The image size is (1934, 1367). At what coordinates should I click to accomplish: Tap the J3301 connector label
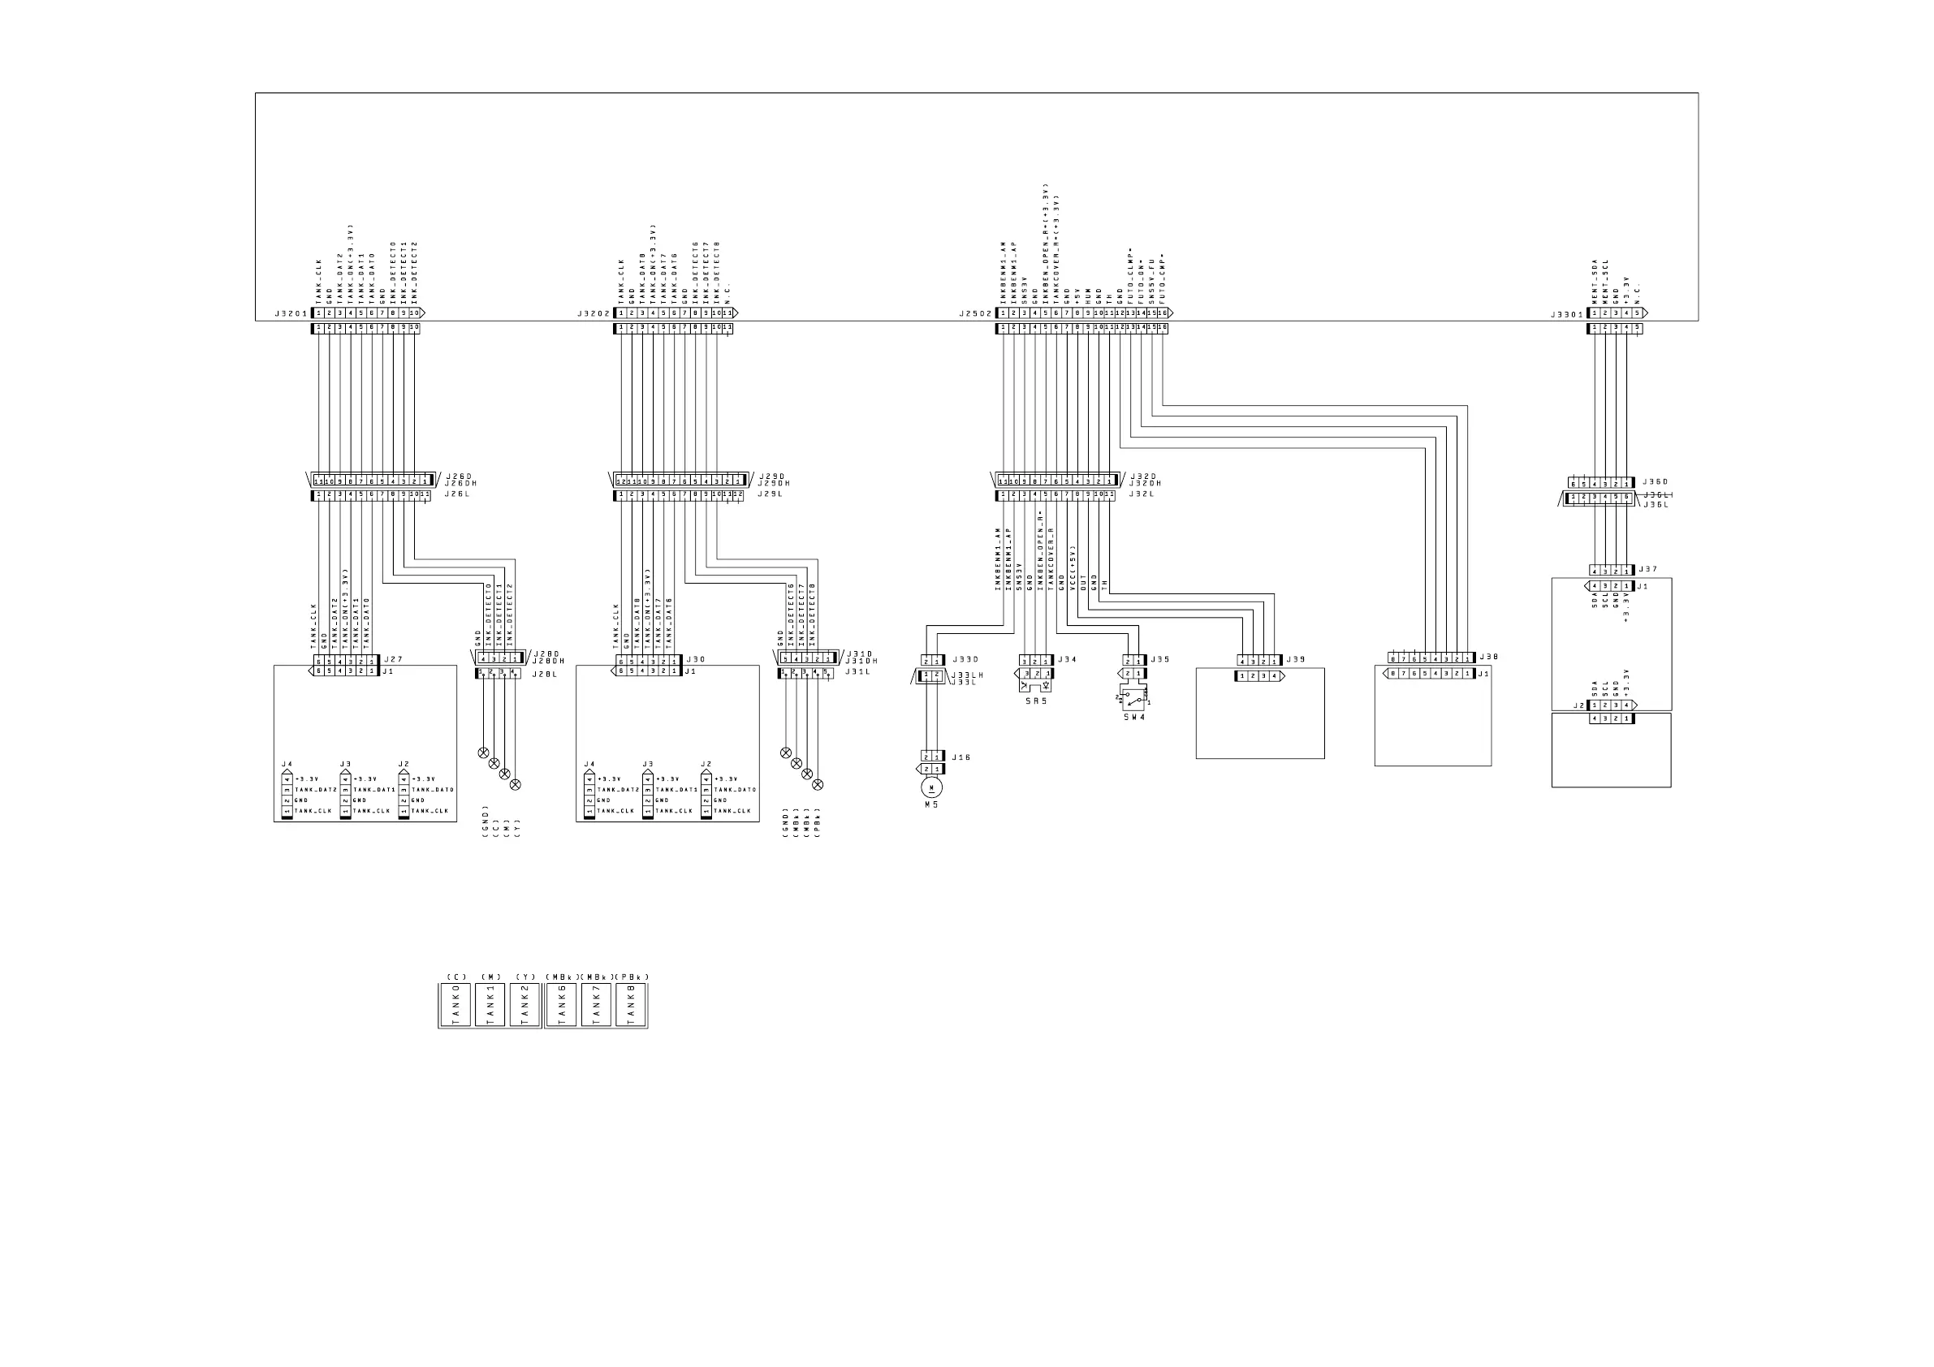1568,314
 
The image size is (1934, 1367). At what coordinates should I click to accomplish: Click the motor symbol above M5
931,787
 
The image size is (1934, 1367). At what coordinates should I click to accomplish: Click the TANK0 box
455,1005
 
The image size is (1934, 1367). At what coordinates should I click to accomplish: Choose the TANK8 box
631,1005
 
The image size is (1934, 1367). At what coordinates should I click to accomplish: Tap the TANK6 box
561,1005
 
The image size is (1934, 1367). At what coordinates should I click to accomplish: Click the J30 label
696,659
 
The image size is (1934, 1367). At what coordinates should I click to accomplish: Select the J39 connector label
1297,659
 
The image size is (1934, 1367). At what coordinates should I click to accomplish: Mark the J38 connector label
1488,657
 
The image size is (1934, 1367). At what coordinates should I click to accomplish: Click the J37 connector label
1647,569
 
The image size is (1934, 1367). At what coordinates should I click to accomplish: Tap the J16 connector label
961,757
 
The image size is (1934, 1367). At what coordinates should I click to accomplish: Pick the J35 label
1161,659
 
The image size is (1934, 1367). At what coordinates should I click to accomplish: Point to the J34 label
1066,659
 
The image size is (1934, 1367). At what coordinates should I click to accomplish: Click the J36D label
1655,481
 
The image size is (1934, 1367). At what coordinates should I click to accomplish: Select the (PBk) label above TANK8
632,977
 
